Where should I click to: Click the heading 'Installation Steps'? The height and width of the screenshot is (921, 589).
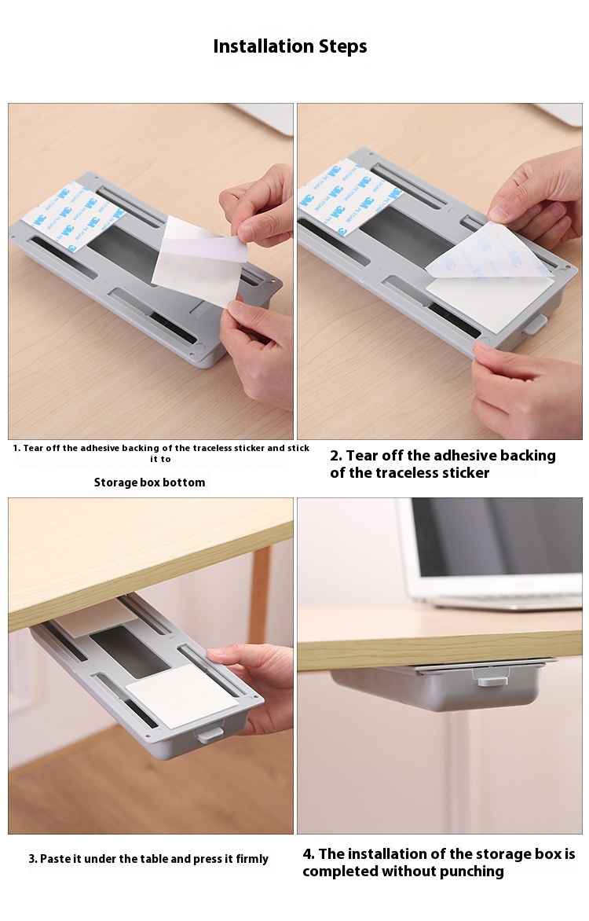(x=290, y=46)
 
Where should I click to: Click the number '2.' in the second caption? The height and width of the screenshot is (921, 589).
(x=336, y=456)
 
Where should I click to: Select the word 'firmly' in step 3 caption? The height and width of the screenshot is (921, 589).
(x=252, y=859)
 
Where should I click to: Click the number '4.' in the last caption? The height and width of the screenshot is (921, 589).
(x=309, y=853)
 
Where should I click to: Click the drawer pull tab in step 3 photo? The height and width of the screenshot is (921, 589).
(x=210, y=734)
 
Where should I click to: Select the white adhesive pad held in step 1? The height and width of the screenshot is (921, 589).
(x=199, y=259)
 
